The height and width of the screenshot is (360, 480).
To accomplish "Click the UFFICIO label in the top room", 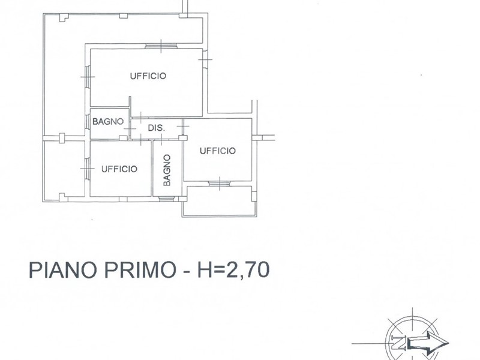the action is (148, 76).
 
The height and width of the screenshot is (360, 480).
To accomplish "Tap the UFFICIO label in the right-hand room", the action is (218, 151).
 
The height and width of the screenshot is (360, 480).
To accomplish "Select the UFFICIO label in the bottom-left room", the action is (119, 169).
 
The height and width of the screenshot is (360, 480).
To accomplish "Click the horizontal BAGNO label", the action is (108, 122).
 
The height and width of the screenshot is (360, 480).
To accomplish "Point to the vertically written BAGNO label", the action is (167, 170).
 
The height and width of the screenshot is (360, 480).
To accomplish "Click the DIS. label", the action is (157, 128).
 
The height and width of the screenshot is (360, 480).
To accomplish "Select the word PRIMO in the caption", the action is (140, 269).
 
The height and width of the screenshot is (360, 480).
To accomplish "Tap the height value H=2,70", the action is (233, 269).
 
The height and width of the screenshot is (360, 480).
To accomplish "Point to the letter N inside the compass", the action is (398, 343).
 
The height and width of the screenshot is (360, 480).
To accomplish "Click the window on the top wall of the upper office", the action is (161, 46).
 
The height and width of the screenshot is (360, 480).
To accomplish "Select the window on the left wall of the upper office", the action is (87, 77).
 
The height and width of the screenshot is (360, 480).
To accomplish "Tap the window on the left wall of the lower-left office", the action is (87, 169).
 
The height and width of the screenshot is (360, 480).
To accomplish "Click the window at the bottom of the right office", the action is (220, 184).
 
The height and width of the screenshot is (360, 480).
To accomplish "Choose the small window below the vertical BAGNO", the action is (167, 199).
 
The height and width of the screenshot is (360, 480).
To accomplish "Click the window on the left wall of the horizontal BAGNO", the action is (87, 122).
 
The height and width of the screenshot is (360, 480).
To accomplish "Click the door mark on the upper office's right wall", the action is (205, 59).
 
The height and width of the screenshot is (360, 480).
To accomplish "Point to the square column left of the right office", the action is (183, 138).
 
